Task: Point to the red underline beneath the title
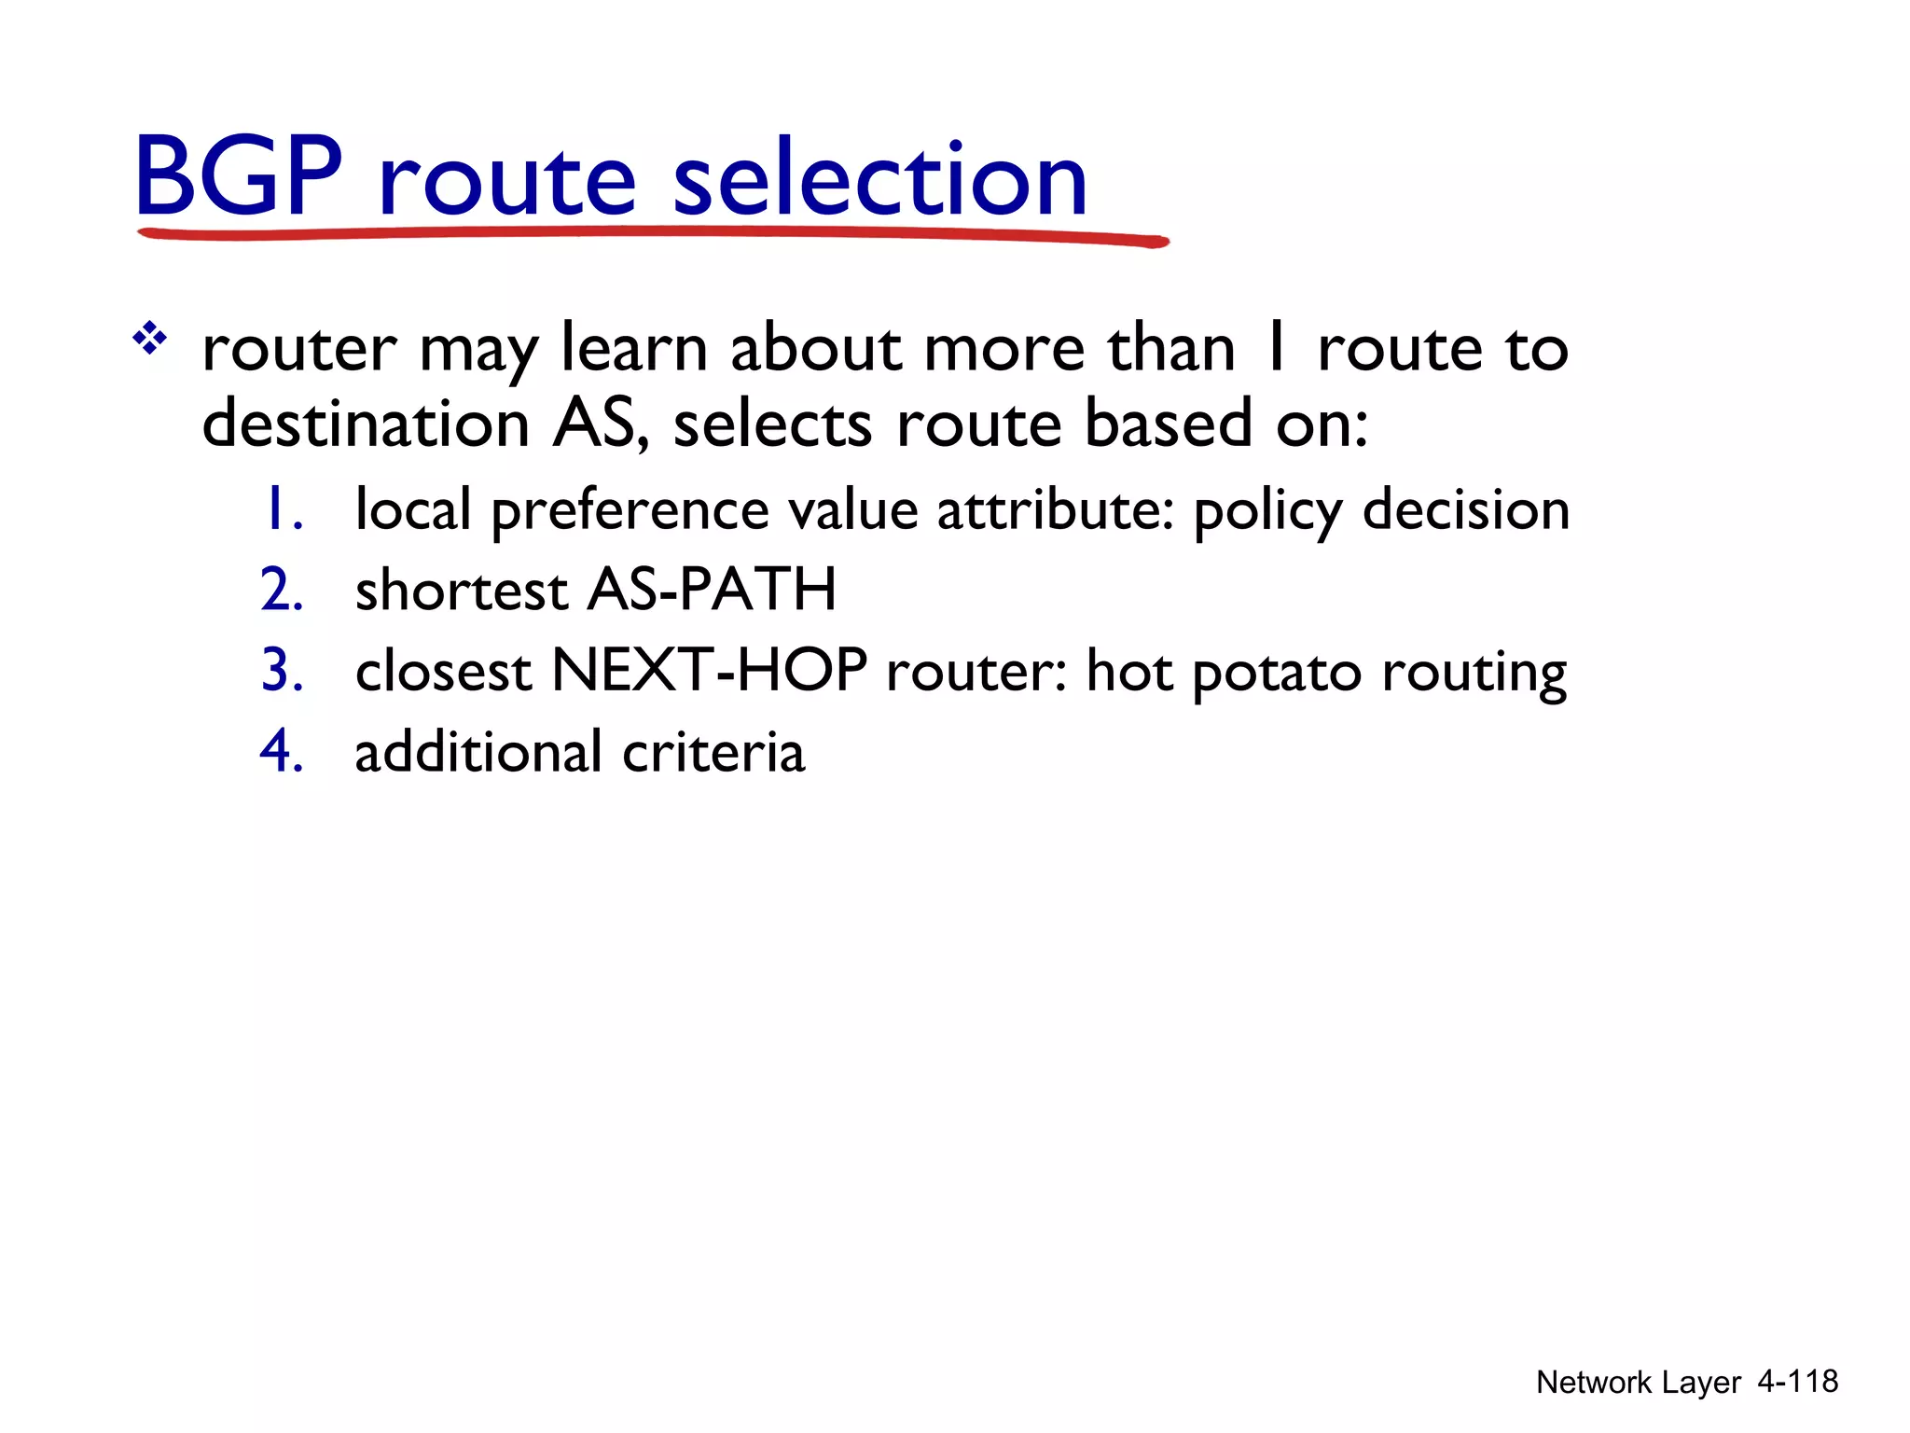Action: click(653, 234)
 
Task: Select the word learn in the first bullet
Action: click(634, 348)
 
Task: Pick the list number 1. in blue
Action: click(283, 509)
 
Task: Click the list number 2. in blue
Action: click(283, 590)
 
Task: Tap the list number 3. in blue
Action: click(283, 670)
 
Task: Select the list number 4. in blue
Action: click(283, 751)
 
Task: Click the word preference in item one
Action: click(630, 511)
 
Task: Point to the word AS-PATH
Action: click(712, 590)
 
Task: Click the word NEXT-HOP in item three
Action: click(709, 670)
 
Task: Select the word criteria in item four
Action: click(713, 752)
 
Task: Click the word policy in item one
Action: click(1267, 511)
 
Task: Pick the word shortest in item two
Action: click(461, 591)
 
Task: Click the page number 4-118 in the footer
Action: click(1797, 1381)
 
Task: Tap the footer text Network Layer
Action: click(1638, 1382)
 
